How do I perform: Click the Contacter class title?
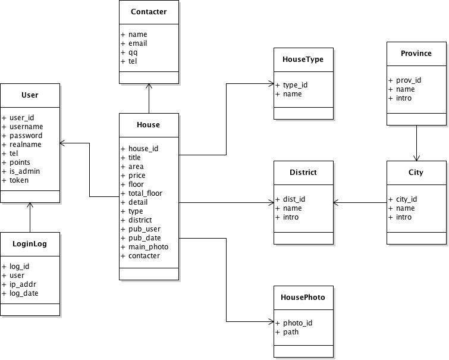[149, 11]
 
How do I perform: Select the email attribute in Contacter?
[137, 43]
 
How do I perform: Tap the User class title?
[30, 95]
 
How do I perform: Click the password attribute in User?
[26, 136]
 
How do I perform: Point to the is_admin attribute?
[26, 171]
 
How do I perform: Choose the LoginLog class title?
[30, 243]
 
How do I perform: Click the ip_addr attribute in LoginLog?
[24, 284]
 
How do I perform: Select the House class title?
[149, 124]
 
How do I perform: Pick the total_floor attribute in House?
[145, 193]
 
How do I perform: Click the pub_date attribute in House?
[145, 238]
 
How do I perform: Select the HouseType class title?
[303, 59]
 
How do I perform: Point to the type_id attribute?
[295, 85]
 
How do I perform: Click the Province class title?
[416, 53]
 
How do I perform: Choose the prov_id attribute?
[409, 80]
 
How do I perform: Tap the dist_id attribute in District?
[292, 199]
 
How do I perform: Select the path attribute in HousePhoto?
[291, 332]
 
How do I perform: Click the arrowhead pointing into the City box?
[416, 158]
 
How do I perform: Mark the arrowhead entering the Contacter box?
[149, 86]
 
